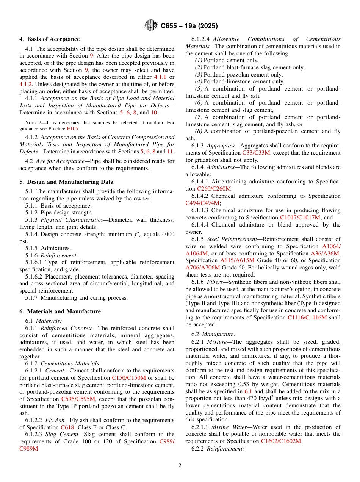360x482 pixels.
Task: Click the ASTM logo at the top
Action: click(x=151, y=26)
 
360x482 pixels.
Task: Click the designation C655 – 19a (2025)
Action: click(x=189, y=26)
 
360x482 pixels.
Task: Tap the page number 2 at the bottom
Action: click(x=180, y=466)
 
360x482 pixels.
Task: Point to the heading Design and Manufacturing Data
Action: click(x=66, y=182)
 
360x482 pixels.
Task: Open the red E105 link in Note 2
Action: click(x=72, y=129)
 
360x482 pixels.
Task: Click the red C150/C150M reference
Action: click(x=129, y=378)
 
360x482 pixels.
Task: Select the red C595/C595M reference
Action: click(x=78, y=399)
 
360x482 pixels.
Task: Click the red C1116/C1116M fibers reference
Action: click(x=307, y=318)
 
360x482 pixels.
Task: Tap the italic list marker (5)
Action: click(x=199, y=89)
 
